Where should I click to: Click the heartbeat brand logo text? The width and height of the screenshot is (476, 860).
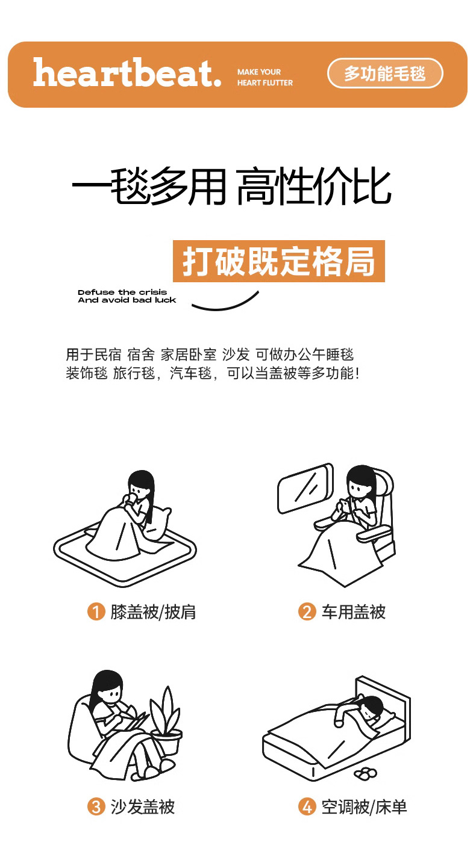127,73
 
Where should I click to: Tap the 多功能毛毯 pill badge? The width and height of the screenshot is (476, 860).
385,73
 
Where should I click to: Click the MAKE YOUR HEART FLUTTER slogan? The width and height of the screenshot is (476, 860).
265,77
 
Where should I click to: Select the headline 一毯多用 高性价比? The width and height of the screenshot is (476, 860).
232,186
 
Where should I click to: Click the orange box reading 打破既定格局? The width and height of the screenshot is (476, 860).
279,261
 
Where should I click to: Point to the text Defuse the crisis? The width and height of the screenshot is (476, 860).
122,292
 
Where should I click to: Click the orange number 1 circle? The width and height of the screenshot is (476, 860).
96,611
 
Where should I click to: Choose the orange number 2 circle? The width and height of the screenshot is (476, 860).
307,611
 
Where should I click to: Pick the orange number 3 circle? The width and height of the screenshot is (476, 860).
96,806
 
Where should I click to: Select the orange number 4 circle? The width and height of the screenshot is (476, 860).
307,806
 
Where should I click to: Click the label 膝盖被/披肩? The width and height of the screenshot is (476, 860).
153,612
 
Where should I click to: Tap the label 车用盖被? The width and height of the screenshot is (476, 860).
353,612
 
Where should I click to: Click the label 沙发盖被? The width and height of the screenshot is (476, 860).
143,806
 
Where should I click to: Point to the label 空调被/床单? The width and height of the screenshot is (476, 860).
364,806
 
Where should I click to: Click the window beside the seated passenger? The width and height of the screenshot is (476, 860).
305,488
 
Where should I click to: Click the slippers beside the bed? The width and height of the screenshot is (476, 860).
365,774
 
